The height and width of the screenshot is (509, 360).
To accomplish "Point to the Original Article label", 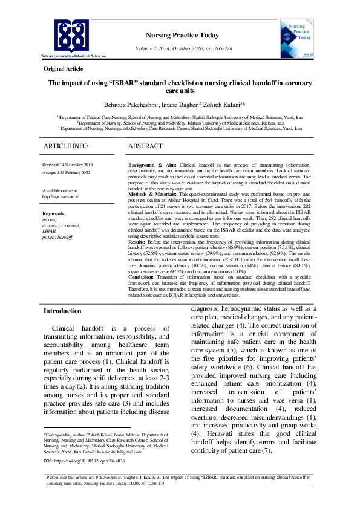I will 63,70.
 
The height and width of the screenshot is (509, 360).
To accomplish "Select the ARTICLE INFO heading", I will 65,146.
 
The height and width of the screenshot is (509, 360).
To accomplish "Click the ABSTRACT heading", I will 145,146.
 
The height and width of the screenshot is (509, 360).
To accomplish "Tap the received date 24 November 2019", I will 67,165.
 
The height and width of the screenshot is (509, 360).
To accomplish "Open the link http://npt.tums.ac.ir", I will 61,196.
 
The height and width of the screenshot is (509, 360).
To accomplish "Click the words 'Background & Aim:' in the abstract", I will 153,165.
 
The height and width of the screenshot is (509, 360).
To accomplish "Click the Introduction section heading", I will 62,311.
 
